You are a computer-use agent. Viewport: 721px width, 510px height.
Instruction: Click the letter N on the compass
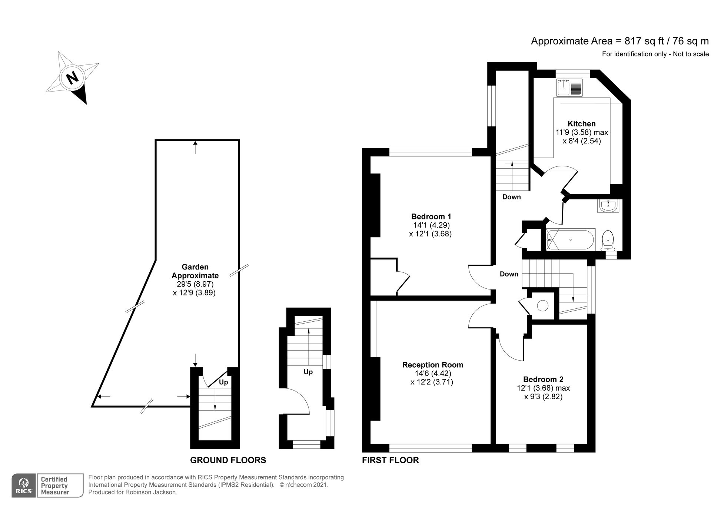click(73, 78)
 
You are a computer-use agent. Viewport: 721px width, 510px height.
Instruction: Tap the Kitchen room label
click(581, 124)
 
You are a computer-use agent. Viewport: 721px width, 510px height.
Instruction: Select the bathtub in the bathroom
click(571, 240)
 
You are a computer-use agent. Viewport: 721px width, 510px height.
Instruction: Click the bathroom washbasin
click(608, 206)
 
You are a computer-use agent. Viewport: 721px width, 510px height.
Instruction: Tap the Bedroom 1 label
click(431, 216)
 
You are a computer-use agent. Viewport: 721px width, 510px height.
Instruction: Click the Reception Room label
click(432, 365)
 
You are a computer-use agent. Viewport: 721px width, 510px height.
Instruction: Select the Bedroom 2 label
click(543, 379)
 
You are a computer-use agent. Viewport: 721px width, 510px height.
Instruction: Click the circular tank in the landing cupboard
click(543, 306)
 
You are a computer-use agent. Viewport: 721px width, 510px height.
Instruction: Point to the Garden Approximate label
click(195, 271)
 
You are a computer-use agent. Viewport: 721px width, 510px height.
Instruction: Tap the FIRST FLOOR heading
click(390, 460)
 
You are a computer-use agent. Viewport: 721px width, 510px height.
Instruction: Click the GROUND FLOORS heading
click(228, 460)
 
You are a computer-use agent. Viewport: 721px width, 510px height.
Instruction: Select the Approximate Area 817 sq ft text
click(619, 41)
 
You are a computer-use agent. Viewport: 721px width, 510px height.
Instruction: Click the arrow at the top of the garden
click(195, 147)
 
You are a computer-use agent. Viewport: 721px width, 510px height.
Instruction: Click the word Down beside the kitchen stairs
click(511, 197)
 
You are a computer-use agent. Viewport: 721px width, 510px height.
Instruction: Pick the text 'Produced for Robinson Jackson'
click(133, 493)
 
